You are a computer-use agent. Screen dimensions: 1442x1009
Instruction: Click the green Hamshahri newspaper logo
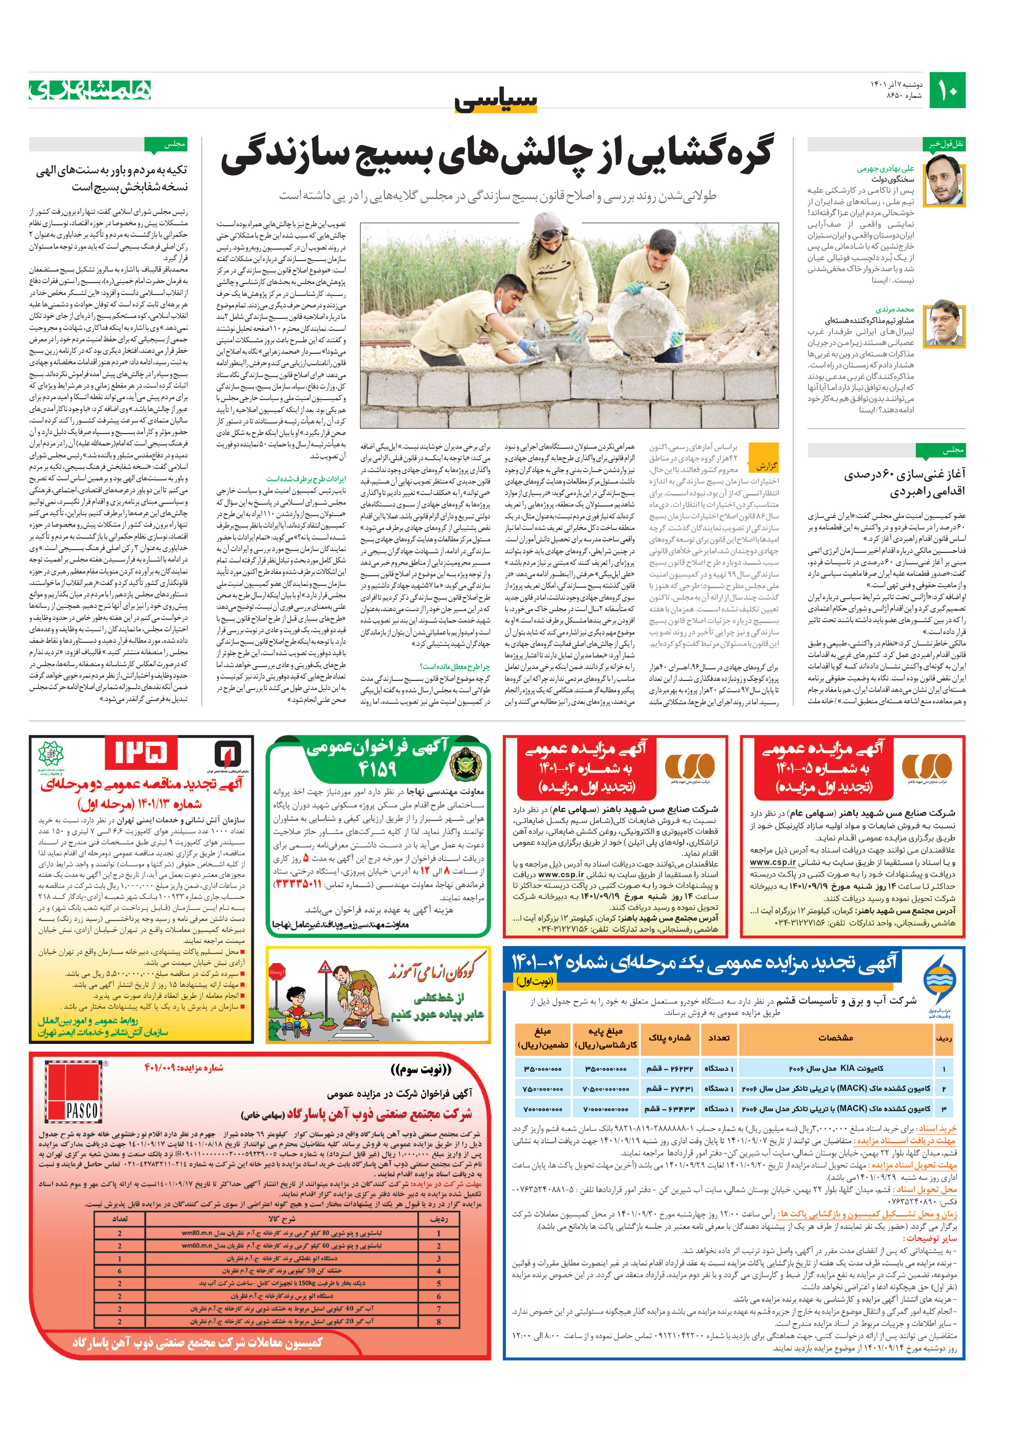90,90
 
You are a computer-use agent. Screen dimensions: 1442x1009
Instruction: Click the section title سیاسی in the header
496,100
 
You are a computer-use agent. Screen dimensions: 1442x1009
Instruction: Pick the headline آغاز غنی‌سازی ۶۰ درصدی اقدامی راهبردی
905,482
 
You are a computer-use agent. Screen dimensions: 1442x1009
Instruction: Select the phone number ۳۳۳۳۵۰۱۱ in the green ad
298,884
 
